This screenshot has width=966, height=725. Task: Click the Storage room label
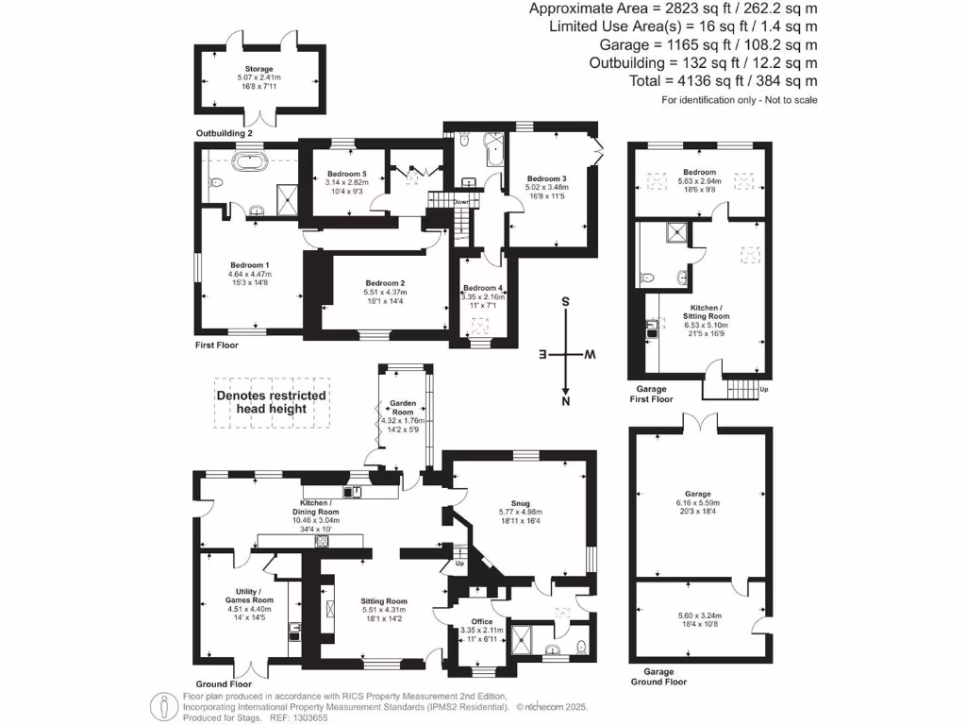click(x=259, y=69)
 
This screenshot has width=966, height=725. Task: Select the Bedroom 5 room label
click(x=347, y=174)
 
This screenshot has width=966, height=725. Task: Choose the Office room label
click(x=481, y=621)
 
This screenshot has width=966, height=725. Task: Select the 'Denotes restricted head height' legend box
click(x=274, y=402)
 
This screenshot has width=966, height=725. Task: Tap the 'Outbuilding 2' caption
click(x=225, y=134)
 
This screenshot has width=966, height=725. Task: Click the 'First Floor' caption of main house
click(x=217, y=346)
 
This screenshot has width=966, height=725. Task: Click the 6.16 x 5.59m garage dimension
click(x=698, y=503)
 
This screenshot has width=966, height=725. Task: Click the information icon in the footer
click(x=167, y=705)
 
